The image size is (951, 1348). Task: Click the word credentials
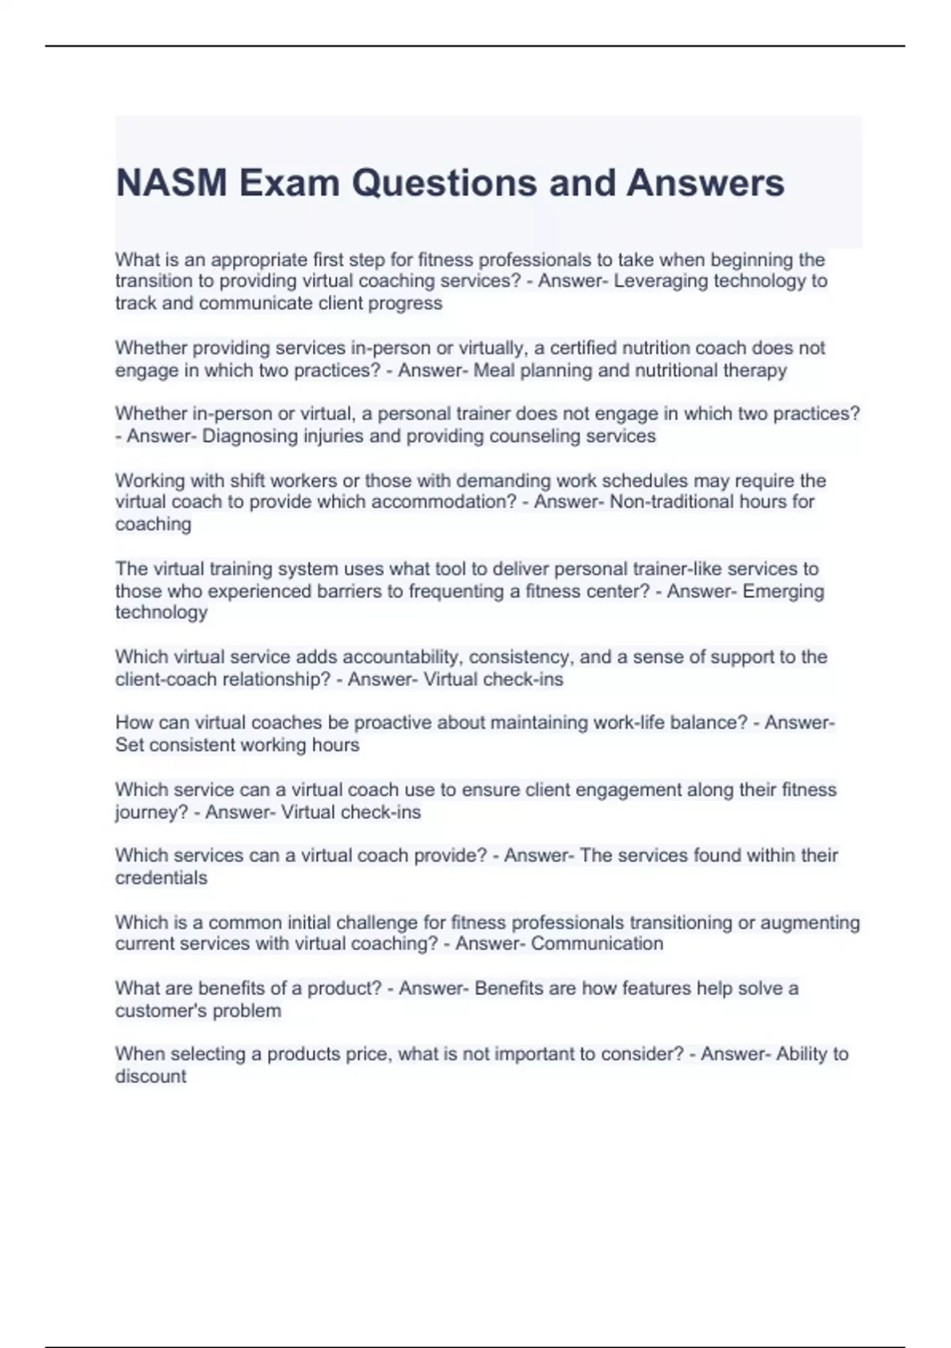(161, 878)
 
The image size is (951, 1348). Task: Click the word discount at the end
(151, 1076)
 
